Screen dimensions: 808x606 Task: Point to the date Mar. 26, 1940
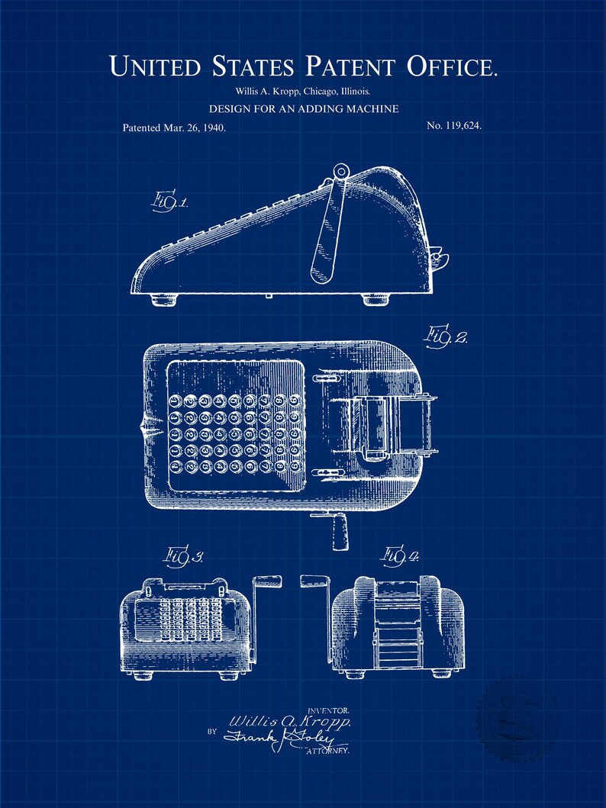coord(193,128)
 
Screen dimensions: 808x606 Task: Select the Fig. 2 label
coord(446,335)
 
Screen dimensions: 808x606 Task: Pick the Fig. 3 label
coord(182,559)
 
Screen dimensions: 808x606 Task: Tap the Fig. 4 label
coord(401,556)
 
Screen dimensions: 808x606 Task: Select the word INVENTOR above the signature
coord(329,710)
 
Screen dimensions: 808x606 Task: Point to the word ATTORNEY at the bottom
coord(327,752)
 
